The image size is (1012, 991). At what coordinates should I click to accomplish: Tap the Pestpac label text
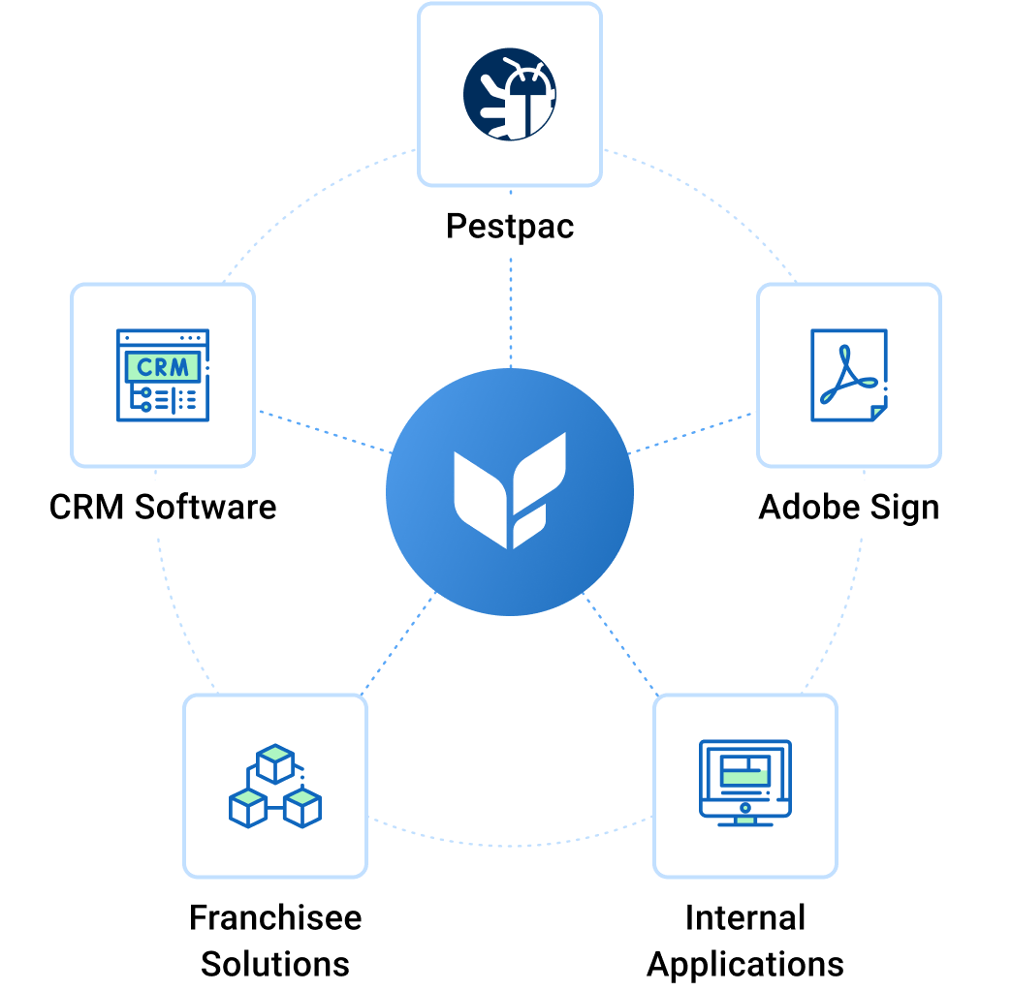pos(510,227)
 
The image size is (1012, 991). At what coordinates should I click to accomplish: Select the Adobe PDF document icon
pos(848,376)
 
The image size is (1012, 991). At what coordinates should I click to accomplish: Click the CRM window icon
pos(163,375)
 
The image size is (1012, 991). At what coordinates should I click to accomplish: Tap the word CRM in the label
pos(86,507)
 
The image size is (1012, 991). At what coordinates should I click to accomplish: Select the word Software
pos(205,507)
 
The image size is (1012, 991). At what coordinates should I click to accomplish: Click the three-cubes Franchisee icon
pos(275,786)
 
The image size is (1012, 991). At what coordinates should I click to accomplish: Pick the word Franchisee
pos(275,917)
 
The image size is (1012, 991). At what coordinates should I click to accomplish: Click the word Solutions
pos(275,964)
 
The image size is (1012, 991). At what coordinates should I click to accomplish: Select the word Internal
pos(745,917)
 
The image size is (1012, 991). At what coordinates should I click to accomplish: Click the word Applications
pos(745,964)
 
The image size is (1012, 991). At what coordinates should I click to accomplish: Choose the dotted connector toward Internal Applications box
pos(620,644)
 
